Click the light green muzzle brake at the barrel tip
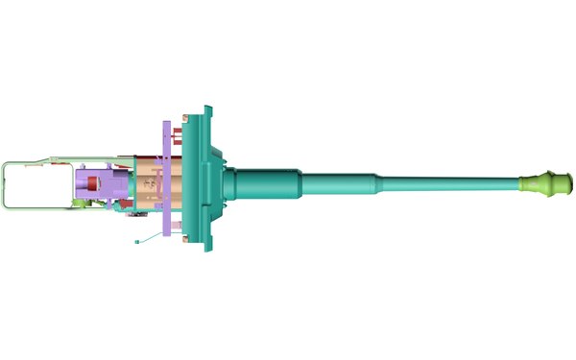click(546, 181)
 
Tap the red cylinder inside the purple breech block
click(92, 181)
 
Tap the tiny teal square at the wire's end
click(137, 239)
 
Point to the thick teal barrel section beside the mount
click(269, 181)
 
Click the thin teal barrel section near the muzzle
click(451, 181)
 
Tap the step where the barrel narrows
click(376, 181)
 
